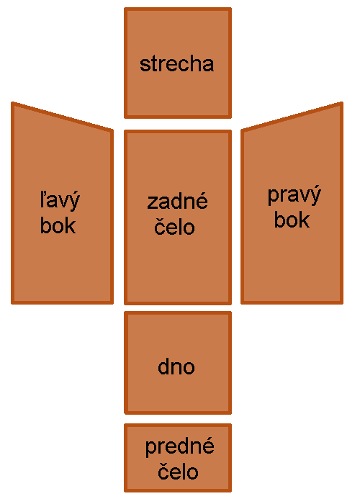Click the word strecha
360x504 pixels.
(x=177, y=64)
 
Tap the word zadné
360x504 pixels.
(x=177, y=201)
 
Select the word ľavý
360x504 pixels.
(x=60, y=201)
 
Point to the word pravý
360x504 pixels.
(x=294, y=195)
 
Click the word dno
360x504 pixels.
(x=176, y=366)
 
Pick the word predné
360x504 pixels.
(x=180, y=447)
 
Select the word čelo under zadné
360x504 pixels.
(x=174, y=226)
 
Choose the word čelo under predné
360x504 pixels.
(x=178, y=471)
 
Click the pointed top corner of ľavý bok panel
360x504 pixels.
(x=12, y=103)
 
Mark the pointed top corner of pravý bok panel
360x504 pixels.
(x=342, y=103)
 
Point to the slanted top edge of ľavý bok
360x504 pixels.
(x=63, y=117)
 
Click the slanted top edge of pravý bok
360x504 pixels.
(x=292, y=117)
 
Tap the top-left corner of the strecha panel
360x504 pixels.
(x=125, y=9)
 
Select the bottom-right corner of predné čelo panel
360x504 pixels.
(x=231, y=491)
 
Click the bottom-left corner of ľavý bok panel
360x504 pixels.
(x=12, y=303)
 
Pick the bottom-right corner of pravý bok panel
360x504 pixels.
(x=342, y=303)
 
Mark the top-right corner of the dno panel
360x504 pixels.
(x=231, y=312)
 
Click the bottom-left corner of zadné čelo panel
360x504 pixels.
(x=125, y=304)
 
